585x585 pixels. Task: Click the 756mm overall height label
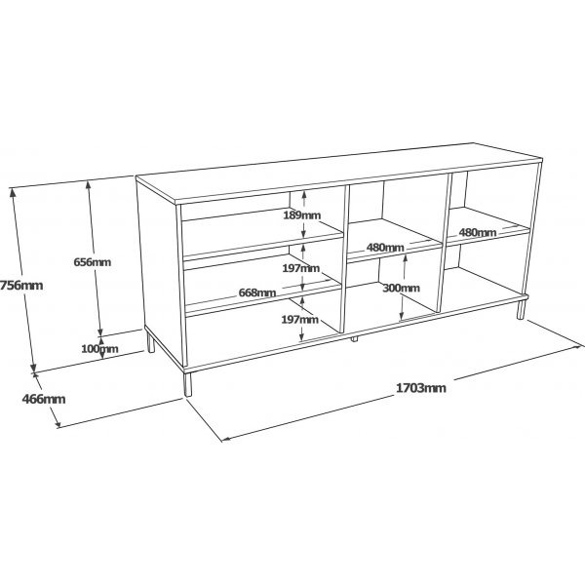pos(21,286)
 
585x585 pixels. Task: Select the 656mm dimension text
pos(93,262)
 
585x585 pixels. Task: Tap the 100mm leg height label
pos(99,349)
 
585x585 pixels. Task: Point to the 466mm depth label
pos(44,399)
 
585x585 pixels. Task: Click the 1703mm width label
pos(420,388)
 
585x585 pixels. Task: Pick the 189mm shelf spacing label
pos(302,215)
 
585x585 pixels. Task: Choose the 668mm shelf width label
pos(257,292)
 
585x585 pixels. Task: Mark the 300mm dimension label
pos(401,288)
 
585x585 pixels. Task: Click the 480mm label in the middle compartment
pos(385,248)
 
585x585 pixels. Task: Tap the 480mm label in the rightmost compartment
pos(478,233)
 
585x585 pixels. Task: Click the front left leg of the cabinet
pos(187,384)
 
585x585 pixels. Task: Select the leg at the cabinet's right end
pos(521,310)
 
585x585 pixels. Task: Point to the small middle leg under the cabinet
pos(354,339)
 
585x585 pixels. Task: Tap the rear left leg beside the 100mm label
pos(150,343)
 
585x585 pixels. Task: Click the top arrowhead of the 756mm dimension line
pos(14,192)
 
